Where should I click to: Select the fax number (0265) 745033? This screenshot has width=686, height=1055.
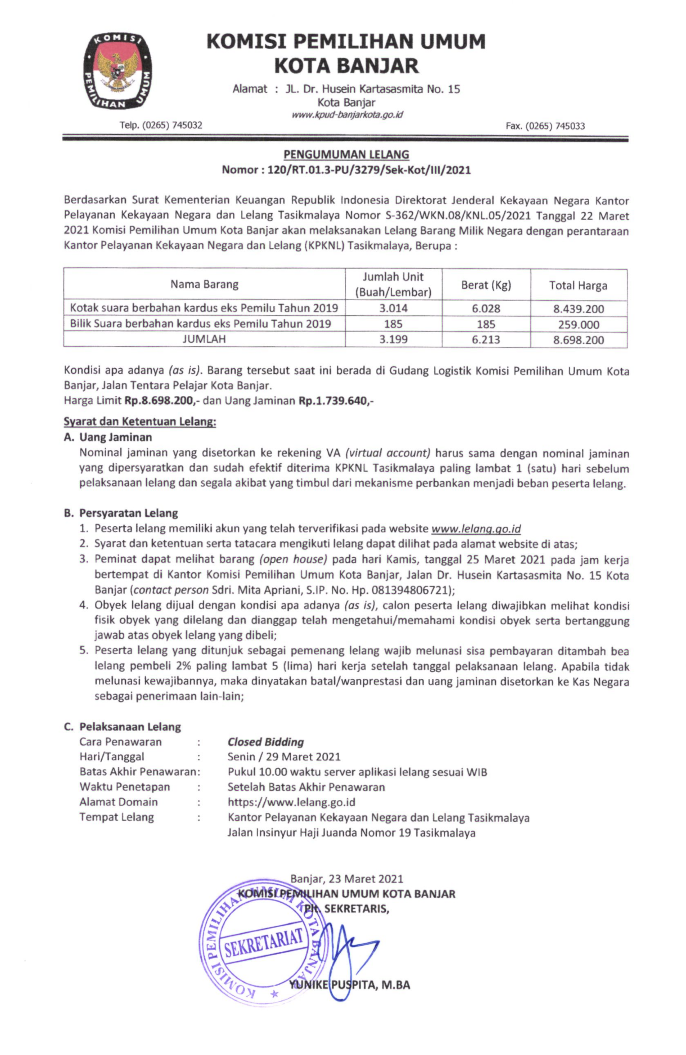(x=545, y=126)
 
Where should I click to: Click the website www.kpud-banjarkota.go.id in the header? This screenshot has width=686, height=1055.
(x=347, y=114)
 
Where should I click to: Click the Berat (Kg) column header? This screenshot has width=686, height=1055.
(x=486, y=285)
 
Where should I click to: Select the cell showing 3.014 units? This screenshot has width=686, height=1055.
(x=393, y=308)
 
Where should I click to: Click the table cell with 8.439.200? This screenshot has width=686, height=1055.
(x=578, y=309)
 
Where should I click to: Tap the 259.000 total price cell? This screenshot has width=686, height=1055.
(x=578, y=325)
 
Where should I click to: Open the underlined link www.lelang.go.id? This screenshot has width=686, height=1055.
(x=476, y=528)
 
